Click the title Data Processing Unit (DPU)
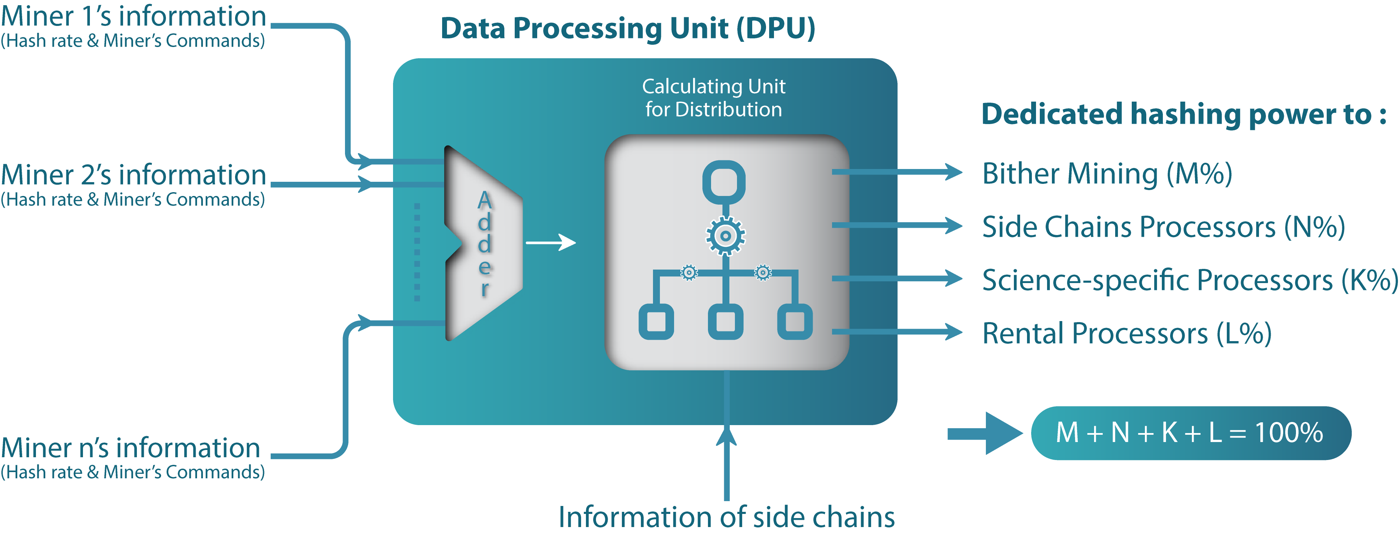628,28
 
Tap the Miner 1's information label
133,16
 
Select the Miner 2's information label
133,175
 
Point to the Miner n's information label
130,448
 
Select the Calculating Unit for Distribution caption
713,98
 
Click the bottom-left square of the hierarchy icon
656,321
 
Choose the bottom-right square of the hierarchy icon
795,321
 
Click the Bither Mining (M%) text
1107,174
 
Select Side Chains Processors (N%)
1163,227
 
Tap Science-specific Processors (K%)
1189,280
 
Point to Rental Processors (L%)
1127,334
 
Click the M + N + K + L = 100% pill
1190,433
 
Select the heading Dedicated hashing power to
1184,115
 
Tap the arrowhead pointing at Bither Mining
953,172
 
